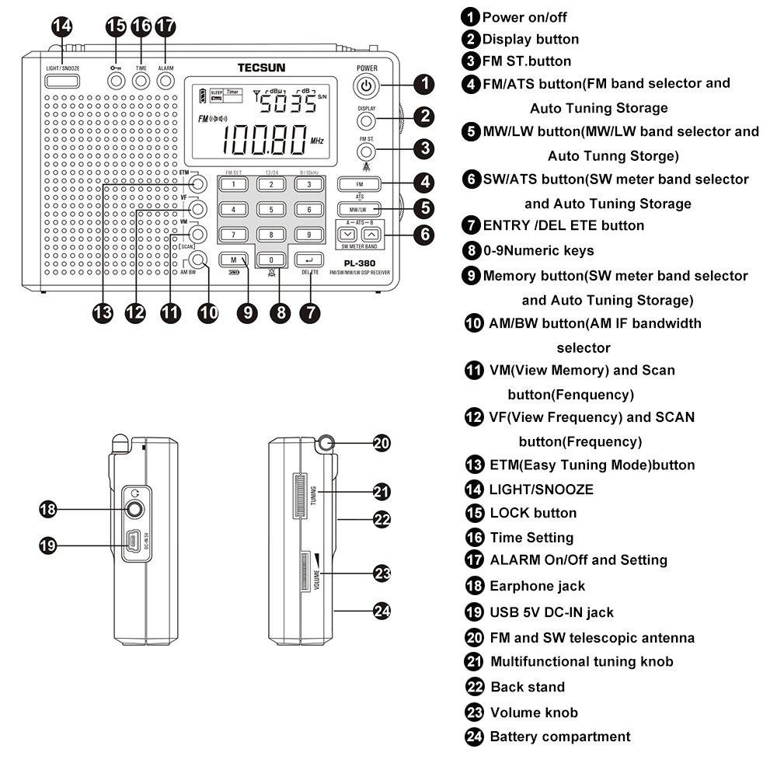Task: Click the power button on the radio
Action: click(367, 85)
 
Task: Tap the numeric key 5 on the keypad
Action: click(270, 210)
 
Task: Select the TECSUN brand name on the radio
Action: click(257, 67)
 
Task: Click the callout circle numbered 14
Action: click(62, 26)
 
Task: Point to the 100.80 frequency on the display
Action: click(262, 141)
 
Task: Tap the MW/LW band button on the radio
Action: click(358, 209)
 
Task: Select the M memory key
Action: click(233, 260)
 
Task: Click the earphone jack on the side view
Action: click(135, 510)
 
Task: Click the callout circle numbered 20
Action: click(381, 444)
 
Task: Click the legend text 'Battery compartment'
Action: click(559, 736)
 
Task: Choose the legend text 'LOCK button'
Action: click(532, 513)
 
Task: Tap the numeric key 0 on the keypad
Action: click(270, 260)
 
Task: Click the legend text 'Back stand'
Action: click(527, 687)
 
